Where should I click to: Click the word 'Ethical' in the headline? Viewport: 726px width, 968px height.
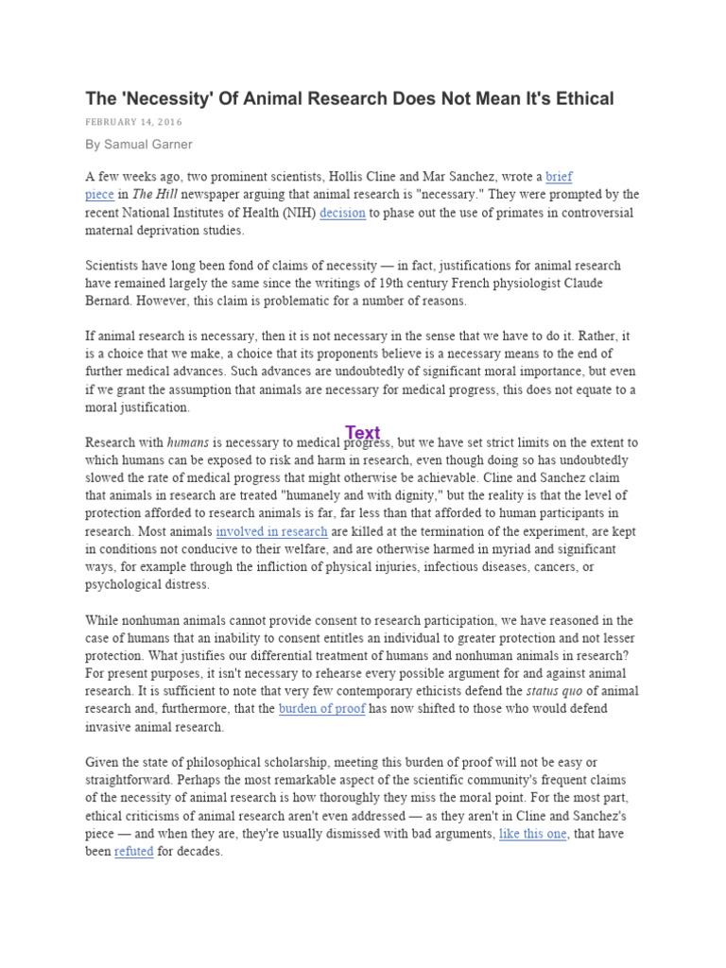pyautogui.click(x=579, y=98)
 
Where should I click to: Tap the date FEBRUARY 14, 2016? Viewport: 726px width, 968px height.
pyautogui.click(x=133, y=122)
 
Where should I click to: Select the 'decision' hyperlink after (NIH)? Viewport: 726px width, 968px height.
pyautogui.click(x=342, y=213)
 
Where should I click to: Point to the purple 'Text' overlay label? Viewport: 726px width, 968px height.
pyautogui.click(x=362, y=433)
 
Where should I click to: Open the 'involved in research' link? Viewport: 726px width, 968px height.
pyautogui.click(x=272, y=531)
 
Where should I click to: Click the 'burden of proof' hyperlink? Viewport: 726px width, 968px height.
pyautogui.click(x=321, y=709)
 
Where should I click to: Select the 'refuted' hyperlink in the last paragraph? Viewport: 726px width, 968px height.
pyautogui.click(x=133, y=852)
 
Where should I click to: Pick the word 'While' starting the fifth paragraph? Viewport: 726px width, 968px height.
pyautogui.click(x=104, y=620)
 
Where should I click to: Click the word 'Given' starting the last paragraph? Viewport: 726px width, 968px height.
pyautogui.click(x=105, y=762)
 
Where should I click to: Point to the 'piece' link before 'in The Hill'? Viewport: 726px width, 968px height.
pyautogui.click(x=100, y=195)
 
